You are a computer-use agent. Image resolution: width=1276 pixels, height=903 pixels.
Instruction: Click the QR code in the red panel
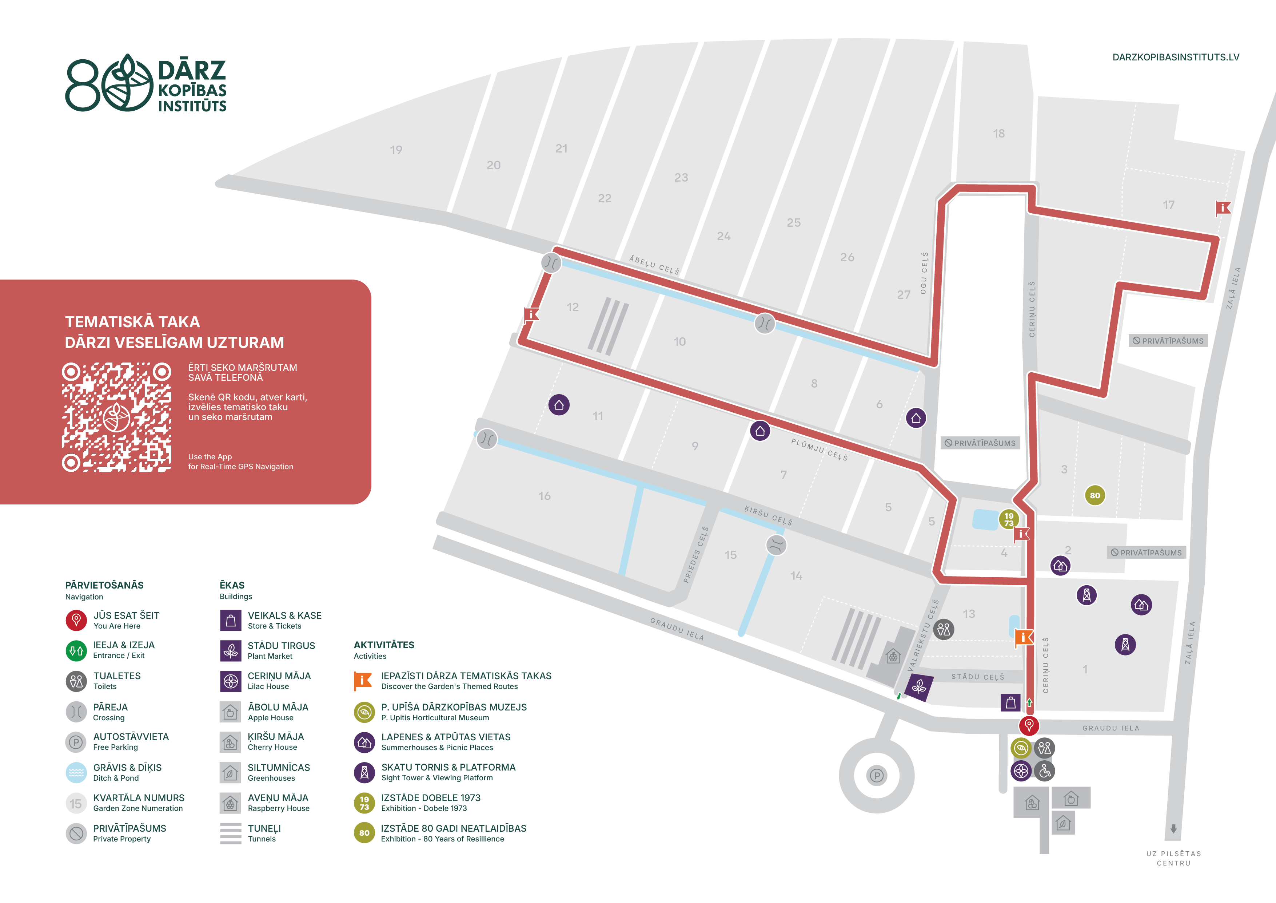(x=117, y=417)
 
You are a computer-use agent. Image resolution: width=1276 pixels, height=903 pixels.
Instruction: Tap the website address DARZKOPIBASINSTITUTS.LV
(x=1175, y=57)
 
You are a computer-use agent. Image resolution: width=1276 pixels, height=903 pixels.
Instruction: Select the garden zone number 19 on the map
(x=396, y=150)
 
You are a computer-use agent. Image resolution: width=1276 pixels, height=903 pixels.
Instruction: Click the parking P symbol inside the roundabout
(x=876, y=776)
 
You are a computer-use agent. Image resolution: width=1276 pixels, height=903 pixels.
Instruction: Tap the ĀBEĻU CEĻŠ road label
(x=654, y=265)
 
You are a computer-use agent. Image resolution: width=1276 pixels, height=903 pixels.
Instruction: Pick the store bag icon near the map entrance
(x=1010, y=702)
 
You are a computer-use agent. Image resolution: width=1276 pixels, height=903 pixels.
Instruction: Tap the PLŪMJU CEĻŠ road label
(x=819, y=449)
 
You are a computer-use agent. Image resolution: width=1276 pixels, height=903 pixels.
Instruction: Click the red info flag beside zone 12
(x=531, y=315)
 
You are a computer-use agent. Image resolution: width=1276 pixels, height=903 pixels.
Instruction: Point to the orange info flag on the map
(x=1024, y=638)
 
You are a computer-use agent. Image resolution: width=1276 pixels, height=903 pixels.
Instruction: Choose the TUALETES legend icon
(x=76, y=681)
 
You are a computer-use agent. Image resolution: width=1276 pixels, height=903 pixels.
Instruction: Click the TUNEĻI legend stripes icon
(x=231, y=833)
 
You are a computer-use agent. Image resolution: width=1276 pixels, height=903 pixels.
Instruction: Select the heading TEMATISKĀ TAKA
(x=132, y=322)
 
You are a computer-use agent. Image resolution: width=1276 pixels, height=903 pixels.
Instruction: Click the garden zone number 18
(x=999, y=134)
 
